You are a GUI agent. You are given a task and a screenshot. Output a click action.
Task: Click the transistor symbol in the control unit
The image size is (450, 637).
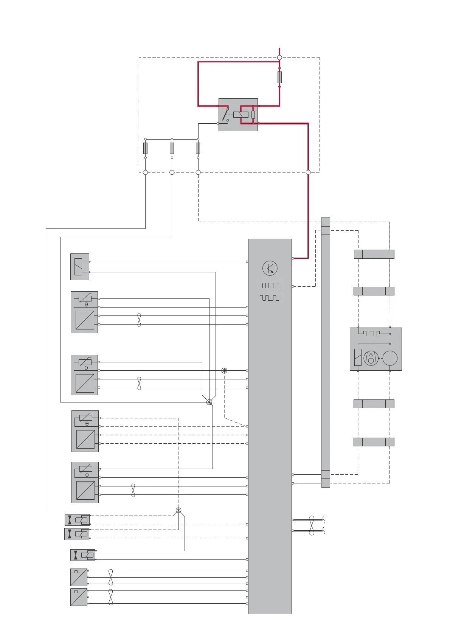[x=270, y=268]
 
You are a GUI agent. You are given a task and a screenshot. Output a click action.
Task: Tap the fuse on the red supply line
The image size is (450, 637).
[x=279, y=77]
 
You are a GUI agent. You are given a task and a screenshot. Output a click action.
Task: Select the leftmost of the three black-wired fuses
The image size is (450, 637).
[x=145, y=148]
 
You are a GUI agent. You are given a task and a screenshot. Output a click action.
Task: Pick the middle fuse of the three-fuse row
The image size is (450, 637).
[x=172, y=148]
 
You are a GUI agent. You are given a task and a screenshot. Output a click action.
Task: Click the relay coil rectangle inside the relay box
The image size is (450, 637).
[x=241, y=115]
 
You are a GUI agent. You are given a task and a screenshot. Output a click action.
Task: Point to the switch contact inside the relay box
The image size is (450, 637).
[x=225, y=115]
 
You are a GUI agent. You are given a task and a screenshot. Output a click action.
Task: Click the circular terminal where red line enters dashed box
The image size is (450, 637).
[x=279, y=57]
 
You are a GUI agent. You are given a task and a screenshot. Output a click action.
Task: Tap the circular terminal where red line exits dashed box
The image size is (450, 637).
[x=308, y=172]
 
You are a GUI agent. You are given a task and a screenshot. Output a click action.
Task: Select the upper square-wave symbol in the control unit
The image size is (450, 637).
[x=270, y=286]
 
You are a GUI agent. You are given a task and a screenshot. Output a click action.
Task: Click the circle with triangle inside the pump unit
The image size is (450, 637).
[x=371, y=358]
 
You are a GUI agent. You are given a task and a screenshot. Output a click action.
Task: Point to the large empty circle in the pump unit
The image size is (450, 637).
[x=390, y=358]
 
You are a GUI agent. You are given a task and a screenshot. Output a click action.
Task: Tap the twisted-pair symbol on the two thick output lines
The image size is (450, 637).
[x=312, y=525]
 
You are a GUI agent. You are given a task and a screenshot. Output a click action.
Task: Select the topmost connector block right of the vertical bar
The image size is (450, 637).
[x=374, y=254]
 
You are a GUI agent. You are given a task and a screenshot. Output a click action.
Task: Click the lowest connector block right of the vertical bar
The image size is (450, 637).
[x=374, y=442]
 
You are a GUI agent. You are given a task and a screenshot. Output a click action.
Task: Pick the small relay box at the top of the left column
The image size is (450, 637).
[x=80, y=267]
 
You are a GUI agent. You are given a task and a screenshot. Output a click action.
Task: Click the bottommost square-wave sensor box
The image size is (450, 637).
[x=79, y=597]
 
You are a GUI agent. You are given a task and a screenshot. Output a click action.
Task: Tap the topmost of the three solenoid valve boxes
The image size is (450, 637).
[x=77, y=520]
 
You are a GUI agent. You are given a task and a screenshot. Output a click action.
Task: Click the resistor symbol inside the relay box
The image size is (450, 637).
[x=253, y=115]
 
